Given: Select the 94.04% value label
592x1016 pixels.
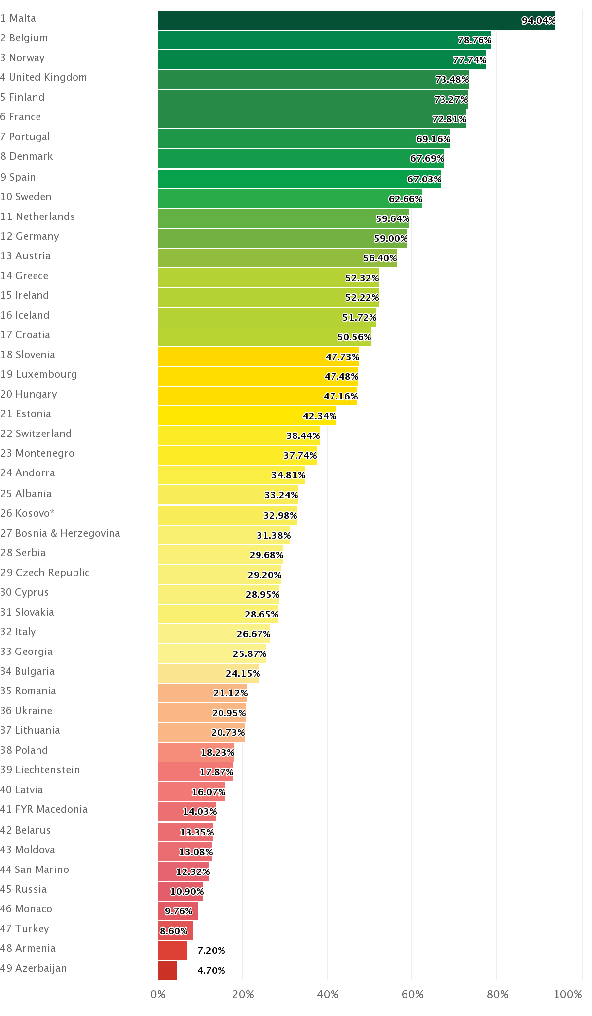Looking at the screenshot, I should pyautogui.click(x=538, y=21).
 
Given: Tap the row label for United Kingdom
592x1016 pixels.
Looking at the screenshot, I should pyautogui.click(x=43, y=77).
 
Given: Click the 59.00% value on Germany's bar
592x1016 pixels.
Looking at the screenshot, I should pyautogui.click(x=391, y=239).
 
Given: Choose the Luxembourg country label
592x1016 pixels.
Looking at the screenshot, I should pyautogui.click(x=39, y=374).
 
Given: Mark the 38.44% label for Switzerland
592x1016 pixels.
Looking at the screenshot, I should pyautogui.click(x=303, y=436).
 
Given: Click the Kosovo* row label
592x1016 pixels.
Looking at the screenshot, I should pyautogui.click(x=28, y=513).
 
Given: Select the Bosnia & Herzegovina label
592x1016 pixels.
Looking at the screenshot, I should pyautogui.click(x=60, y=533).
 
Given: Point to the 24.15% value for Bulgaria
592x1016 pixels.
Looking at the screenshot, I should pyautogui.click(x=243, y=674).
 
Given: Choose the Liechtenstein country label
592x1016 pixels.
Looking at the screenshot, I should pyautogui.click(x=40, y=770).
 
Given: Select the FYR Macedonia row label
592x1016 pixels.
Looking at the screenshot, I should pyautogui.click(x=44, y=809).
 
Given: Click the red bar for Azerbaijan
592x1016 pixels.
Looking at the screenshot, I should pyautogui.click(x=167, y=970).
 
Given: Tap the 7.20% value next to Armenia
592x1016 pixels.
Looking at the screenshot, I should pyautogui.click(x=211, y=950).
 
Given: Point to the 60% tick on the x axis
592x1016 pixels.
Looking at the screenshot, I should pyautogui.click(x=412, y=995).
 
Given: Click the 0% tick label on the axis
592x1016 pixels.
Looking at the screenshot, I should pyautogui.click(x=158, y=995).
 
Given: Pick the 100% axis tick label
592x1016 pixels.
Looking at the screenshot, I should pyautogui.click(x=568, y=995).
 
